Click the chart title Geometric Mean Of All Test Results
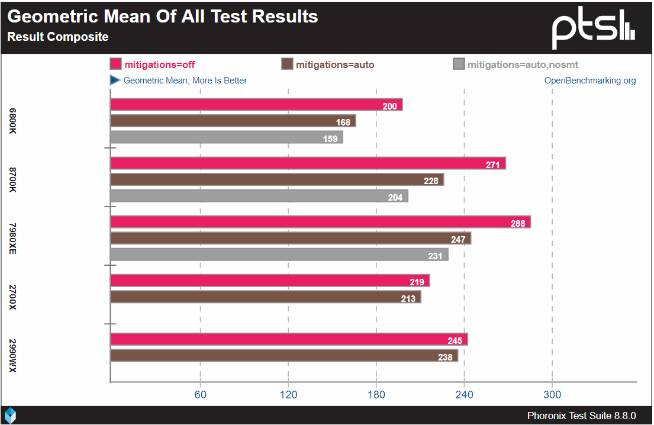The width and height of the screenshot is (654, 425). [x=163, y=17]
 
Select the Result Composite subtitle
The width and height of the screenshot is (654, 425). [x=57, y=37]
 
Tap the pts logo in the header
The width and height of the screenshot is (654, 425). [x=593, y=30]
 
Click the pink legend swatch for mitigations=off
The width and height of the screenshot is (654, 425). [x=115, y=65]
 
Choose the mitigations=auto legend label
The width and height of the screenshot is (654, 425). [x=335, y=65]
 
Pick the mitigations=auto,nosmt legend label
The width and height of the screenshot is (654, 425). [x=523, y=65]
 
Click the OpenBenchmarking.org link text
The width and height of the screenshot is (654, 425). [x=590, y=81]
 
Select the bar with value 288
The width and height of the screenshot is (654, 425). [x=320, y=222]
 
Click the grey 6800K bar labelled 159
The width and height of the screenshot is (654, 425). [x=227, y=137]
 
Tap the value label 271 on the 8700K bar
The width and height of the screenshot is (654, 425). [x=493, y=165]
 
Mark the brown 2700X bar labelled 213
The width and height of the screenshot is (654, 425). [x=266, y=297]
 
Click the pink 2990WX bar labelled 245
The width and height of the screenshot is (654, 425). [x=289, y=339]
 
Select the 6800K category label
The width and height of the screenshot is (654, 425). [x=13, y=121]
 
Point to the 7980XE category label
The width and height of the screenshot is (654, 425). [x=13, y=239]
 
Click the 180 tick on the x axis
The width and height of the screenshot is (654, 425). [x=376, y=395]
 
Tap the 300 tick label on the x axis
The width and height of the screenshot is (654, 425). [x=552, y=395]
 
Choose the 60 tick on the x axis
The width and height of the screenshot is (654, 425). [x=201, y=395]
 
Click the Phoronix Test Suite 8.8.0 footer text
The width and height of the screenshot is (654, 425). [x=581, y=416]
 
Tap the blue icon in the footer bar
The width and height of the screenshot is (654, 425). [x=11, y=415]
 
